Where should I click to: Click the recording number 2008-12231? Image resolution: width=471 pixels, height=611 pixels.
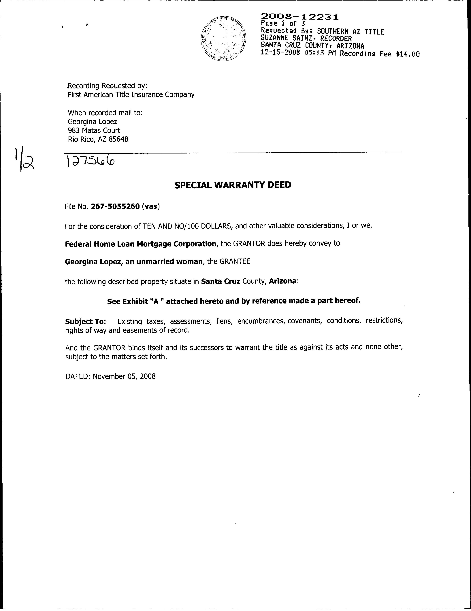300,17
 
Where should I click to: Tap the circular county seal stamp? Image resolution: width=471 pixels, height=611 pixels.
223,39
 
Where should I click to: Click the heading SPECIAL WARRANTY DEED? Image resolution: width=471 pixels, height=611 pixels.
233,185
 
